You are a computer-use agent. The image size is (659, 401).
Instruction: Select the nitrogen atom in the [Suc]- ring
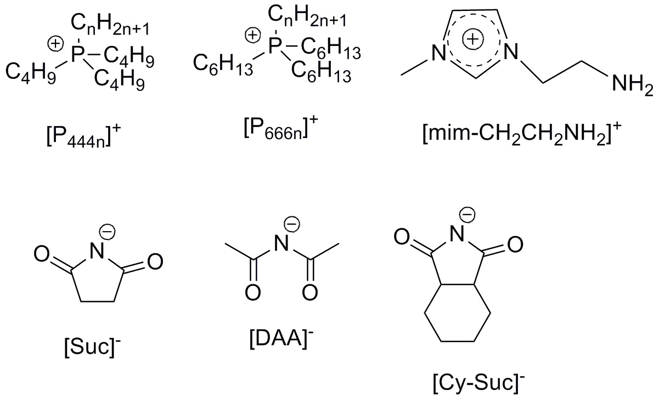coord(97,251)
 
